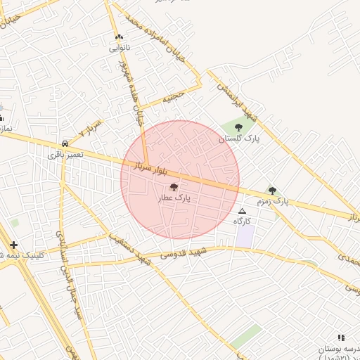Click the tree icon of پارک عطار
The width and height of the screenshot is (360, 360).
pos(174,186)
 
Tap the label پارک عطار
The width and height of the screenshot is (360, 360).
pos(174,199)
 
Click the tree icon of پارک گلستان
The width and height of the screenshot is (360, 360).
pos(238,127)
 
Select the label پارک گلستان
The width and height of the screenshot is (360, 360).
pos(238,139)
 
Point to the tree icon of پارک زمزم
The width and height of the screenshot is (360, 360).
pos(272,191)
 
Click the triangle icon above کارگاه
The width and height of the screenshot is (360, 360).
pos(243,211)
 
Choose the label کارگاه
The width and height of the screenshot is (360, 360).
pos(243,221)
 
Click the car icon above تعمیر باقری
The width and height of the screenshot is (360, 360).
pos(65,141)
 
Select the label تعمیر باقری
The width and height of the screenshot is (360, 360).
pos(65,153)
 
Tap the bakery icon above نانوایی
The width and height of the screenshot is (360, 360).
pos(119,37)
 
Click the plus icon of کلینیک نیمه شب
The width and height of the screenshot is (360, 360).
pos(13,245)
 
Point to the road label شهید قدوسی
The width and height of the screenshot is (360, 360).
pos(183,252)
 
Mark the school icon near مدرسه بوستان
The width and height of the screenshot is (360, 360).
pos(342,337)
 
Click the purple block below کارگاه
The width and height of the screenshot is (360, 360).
pos(245,236)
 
